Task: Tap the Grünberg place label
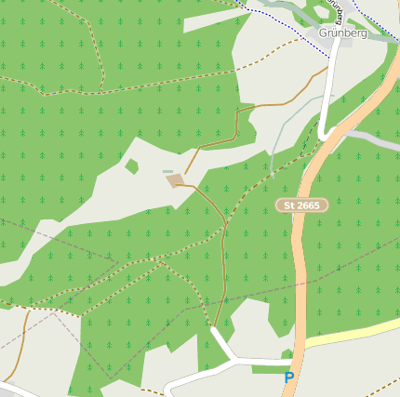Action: point(342,33)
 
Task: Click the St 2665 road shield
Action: point(302,205)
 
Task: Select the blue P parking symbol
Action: point(289,377)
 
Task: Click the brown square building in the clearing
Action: point(175,179)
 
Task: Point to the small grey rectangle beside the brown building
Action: point(167,171)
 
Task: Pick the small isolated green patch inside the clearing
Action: point(132,166)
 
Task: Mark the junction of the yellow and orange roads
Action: point(304,345)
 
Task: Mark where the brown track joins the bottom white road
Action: point(215,328)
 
